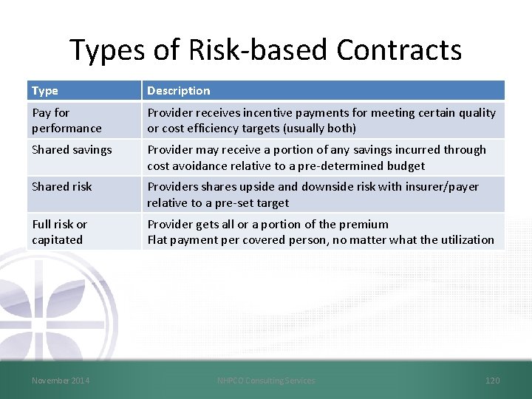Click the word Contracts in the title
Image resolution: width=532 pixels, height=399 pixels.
click(x=399, y=50)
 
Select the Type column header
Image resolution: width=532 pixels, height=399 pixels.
click(x=45, y=91)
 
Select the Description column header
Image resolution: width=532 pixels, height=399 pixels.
click(x=178, y=91)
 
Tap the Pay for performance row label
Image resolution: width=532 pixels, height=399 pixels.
click(x=66, y=120)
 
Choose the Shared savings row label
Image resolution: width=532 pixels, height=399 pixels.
click(x=72, y=150)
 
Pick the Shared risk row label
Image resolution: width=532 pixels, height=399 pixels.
click(x=62, y=187)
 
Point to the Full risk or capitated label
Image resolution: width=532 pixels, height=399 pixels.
click(x=59, y=232)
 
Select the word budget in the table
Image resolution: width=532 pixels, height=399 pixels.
click(x=405, y=166)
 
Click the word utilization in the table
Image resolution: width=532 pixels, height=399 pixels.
click(x=465, y=239)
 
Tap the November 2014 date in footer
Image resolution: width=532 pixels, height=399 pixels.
click(x=61, y=381)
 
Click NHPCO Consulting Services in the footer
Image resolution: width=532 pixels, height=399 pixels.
click(x=266, y=381)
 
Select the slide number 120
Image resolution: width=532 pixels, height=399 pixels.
click(x=492, y=381)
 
